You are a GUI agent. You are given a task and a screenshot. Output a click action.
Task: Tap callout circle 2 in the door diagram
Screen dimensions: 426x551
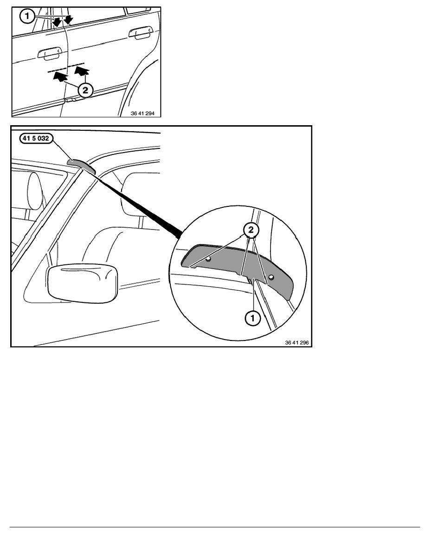tap(85, 90)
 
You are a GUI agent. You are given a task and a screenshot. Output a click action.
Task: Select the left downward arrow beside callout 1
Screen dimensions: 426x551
tap(56, 22)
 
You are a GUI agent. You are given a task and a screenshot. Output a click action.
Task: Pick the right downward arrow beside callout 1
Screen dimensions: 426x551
tap(68, 20)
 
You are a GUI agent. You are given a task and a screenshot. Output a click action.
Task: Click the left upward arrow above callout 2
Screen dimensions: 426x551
tap(60, 76)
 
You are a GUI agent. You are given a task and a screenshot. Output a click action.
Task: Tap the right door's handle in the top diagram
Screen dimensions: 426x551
tap(140, 32)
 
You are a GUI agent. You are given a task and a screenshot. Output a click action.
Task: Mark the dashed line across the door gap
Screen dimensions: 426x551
tap(66, 68)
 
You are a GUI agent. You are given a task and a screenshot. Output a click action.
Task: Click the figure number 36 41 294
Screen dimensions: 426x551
tap(142, 114)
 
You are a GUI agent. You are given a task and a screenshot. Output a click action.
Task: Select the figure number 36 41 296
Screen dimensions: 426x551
tap(297, 343)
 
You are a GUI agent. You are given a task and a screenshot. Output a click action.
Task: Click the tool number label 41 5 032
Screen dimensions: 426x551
tap(35, 139)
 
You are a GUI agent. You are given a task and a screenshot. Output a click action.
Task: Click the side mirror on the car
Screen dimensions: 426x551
tap(82, 283)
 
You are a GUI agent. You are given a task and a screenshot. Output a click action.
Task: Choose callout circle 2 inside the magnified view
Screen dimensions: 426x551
tap(251, 230)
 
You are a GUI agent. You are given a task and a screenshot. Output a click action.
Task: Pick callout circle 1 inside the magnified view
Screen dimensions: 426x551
tap(252, 318)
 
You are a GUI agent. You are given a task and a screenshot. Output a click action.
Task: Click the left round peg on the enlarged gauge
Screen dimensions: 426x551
tap(208, 259)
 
